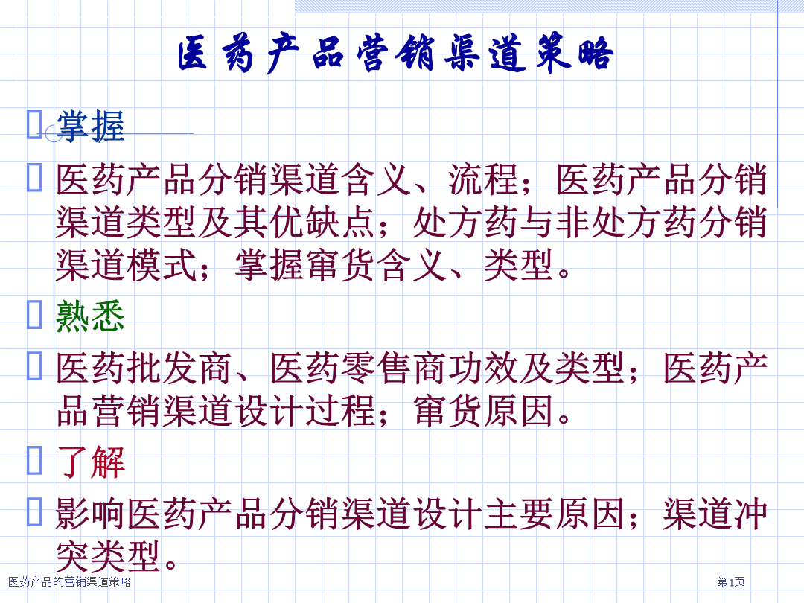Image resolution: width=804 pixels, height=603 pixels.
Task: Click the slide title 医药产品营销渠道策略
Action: point(395,53)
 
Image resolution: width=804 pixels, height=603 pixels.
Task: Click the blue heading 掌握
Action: point(91,126)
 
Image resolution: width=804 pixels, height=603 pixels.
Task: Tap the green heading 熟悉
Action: point(91,316)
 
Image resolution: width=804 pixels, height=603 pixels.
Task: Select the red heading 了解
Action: point(91,462)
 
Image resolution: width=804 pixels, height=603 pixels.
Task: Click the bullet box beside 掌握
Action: point(34,124)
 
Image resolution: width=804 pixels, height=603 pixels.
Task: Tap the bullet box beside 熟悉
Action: point(34,314)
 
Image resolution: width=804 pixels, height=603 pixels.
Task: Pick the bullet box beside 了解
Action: point(34,461)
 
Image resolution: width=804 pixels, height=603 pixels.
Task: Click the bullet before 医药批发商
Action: point(34,366)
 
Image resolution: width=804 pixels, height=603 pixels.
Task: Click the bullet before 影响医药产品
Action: point(34,511)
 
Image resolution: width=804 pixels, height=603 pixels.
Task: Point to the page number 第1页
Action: point(731,581)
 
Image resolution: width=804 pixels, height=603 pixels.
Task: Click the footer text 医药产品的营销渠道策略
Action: point(70,581)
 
